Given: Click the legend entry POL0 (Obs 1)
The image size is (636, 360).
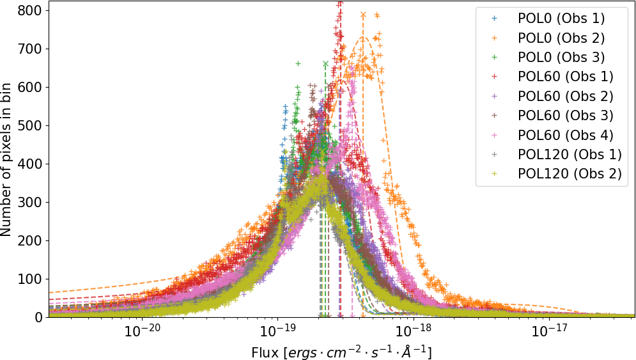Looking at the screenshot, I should click(561, 18).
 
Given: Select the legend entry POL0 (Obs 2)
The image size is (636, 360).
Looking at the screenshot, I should click(561, 38).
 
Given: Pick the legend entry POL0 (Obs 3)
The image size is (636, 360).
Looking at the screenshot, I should click(561, 57).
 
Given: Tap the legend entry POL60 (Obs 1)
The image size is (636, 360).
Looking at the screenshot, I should click(565, 77).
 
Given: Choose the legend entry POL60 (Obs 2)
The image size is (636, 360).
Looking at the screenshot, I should click(565, 96).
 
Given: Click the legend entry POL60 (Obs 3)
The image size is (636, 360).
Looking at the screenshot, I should click(565, 116).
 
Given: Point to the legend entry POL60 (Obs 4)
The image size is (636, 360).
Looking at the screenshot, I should click(565, 135).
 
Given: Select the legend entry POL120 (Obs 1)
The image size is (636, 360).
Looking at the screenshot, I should click(569, 154).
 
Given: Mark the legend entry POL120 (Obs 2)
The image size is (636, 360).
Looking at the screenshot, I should click(569, 174).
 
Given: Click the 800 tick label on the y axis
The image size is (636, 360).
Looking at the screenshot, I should click(31, 11).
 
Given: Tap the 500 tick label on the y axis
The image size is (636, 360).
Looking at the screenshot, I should click(31, 126).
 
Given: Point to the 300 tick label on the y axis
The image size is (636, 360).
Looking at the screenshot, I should click(31, 203).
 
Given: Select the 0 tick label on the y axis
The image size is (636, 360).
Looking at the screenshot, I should click(38, 317).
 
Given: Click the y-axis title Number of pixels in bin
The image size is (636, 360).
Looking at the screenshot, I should click(7, 163).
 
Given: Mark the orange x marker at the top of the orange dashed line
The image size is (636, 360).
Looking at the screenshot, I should click(363, 14).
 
